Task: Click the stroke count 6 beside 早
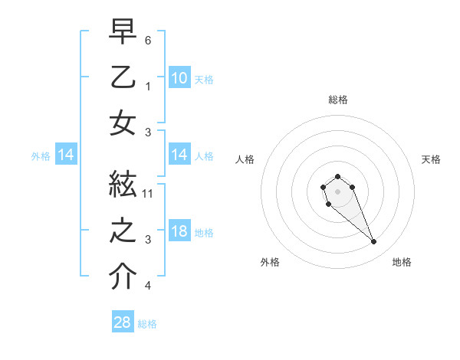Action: (x=148, y=40)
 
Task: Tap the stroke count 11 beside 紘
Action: (x=148, y=193)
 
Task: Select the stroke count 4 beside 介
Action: (x=148, y=286)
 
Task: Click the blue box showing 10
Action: (x=179, y=78)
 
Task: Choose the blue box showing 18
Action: (x=179, y=231)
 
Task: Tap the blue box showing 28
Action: (x=123, y=322)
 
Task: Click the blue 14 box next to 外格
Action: (x=66, y=155)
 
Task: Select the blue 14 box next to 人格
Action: (x=179, y=155)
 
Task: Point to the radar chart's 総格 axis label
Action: (x=338, y=100)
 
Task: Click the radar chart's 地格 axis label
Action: (x=402, y=262)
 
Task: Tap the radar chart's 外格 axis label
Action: (x=270, y=262)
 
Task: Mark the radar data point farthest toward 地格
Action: (x=374, y=242)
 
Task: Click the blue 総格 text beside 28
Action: (x=147, y=324)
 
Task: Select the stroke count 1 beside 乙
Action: (x=148, y=87)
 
